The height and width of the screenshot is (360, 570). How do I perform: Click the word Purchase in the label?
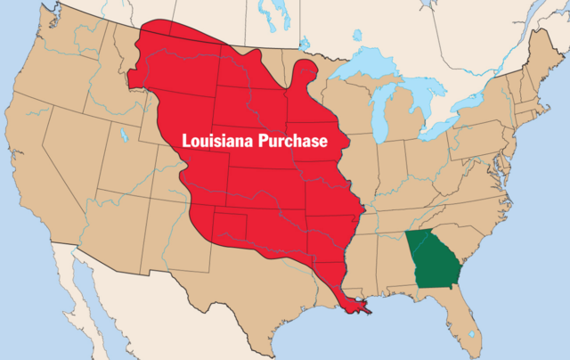click(291, 142)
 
